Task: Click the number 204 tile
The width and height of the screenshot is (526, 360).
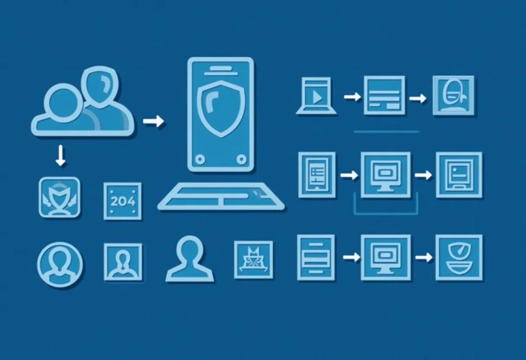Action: (123, 201)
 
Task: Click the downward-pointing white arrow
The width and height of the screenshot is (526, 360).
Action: (60, 155)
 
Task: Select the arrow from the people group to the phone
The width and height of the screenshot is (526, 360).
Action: (154, 121)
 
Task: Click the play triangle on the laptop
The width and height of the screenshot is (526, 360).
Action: (317, 97)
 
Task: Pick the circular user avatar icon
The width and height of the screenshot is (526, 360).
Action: (60, 265)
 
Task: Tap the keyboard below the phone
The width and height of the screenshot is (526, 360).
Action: (221, 197)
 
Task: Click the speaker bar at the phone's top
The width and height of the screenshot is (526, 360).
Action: (221, 68)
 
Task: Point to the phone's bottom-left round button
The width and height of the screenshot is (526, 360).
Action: (200, 159)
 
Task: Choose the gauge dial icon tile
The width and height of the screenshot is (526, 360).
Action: (459, 257)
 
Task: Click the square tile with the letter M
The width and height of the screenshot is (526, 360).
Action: (254, 259)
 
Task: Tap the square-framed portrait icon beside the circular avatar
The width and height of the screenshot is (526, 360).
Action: (123, 262)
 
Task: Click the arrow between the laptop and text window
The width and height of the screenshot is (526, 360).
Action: (352, 97)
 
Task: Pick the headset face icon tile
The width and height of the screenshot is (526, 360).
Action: (453, 95)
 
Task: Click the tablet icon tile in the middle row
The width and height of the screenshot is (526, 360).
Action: (317, 175)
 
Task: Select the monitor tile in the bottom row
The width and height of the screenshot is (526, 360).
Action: (386, 257)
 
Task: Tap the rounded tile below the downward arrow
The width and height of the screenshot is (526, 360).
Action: (60, 197)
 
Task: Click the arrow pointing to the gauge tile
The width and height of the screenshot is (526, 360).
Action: (423, 257)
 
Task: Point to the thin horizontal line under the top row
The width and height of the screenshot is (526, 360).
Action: (387, 132)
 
